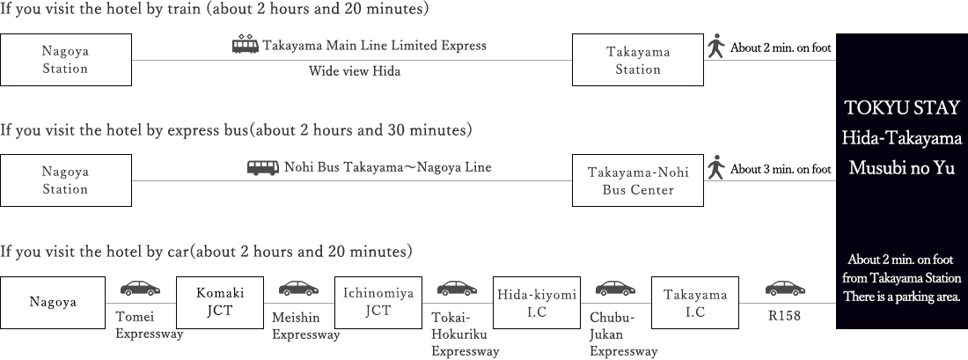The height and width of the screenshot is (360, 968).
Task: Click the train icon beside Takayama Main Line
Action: (x=245, y=45)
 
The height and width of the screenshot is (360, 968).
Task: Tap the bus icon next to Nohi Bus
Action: (x=262, y=167)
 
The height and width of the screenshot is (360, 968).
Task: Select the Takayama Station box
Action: (x=638, y=60)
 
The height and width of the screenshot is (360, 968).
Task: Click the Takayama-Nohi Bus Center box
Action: (x=638, y=180)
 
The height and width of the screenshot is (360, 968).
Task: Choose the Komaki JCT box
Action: (x=220, y=301)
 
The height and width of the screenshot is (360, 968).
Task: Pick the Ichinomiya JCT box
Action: (x=378, y=301)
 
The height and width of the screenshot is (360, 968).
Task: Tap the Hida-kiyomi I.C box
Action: (x=537, y=301)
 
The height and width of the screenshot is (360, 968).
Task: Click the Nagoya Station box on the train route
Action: (x=66, y=60)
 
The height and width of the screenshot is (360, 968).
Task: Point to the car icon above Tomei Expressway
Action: (x=141, y=288)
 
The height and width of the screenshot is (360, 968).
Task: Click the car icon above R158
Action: (x=785, y=288)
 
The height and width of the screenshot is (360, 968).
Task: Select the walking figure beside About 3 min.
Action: (x=716, y=167)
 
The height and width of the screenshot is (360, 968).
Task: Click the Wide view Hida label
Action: (x=355, y=71)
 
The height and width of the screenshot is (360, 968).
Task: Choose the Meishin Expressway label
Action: (x=305, y=326)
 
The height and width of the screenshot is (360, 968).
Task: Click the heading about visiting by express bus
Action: (x=237, y=130)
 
